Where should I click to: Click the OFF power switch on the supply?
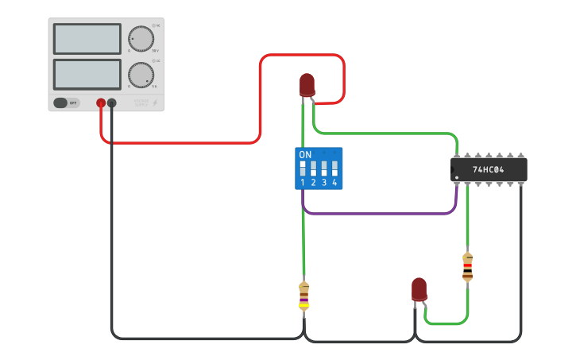point(67,103)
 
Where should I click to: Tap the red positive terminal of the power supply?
point(101,103)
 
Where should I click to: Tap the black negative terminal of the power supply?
point(112,103)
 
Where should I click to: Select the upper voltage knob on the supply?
point(141,38)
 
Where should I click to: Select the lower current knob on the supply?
point(141,75)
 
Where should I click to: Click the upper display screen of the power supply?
point(87,38)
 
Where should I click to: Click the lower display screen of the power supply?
point(87,74)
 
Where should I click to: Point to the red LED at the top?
point(307,84)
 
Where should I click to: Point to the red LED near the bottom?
point(419,289)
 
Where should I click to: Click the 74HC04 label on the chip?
point(488,169)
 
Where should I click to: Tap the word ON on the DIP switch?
point(305,154)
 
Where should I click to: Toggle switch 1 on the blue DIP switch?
point(303,168)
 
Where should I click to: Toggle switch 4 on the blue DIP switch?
point(334,168)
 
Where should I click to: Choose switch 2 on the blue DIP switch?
point(313,168)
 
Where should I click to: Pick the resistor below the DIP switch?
point(303,296)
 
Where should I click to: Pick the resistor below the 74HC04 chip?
point(467,267)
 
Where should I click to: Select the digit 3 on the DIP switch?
point(324,183)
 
